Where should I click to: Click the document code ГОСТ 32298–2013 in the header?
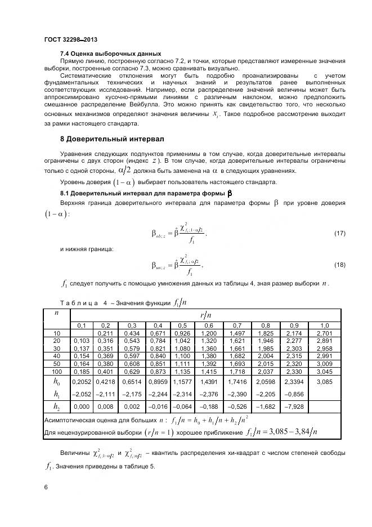coord(71,39)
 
